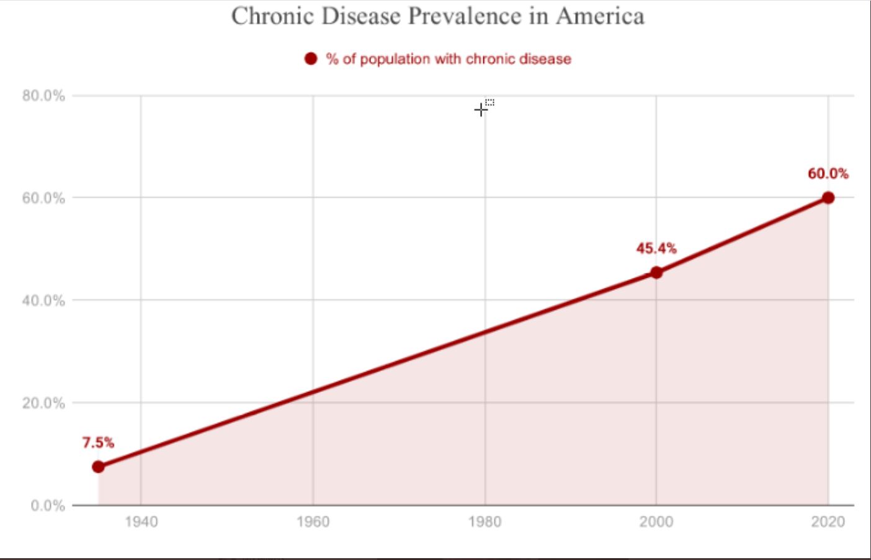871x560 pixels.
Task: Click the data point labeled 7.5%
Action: [x=98, y=466]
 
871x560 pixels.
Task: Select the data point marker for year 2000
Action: [x=656, y=272]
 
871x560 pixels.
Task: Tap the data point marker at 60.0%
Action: [x=828, y=198]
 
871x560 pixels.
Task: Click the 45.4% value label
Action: [x=656, y=249]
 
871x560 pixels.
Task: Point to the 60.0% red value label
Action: [x=828, y=174]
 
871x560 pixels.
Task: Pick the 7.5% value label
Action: [x=98, y=443]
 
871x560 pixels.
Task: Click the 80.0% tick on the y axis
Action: [x=43, y=96]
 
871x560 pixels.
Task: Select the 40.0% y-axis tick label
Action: [x=43, y=301]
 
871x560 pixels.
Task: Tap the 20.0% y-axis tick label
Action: [x=43, y=403]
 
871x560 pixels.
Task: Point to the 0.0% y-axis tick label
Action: [x=47, y=505]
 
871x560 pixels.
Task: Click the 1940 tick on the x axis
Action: [x=141, y=522]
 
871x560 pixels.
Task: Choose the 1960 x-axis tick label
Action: [x=313, y=522]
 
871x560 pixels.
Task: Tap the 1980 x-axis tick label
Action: [x=485, y=522]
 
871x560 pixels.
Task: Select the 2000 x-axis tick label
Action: [x=656, y=522]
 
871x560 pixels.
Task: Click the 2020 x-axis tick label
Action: [x=828, y=522]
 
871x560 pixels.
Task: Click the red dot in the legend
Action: [x=310, y=59]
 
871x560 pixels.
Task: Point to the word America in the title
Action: [x=600, y=16]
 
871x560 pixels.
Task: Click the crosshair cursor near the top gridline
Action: [x=480, y=110]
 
